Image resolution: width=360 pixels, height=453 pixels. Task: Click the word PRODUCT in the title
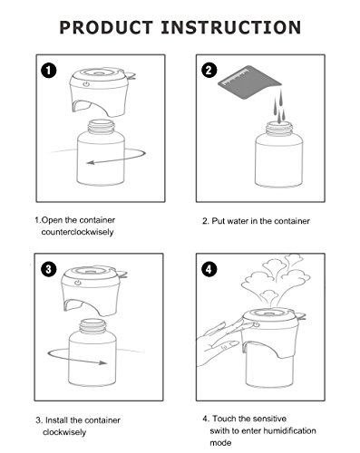point(106,27)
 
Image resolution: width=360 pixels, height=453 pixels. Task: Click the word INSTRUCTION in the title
point(231,27)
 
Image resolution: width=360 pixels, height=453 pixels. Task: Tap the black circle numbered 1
point(49,71)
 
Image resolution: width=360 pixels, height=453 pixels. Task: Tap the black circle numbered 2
point(209,71)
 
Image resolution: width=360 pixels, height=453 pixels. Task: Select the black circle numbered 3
point(49,269)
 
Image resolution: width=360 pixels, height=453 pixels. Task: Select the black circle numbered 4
point(209,269)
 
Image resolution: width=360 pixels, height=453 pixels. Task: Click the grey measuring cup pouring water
point(248,82)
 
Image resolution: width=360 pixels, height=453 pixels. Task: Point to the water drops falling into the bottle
point(280,106)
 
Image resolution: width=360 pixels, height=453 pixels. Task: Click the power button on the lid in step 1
point(87,84)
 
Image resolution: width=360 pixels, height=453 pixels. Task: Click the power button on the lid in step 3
point(78,283)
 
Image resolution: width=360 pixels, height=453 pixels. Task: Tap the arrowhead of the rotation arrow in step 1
point(90,163)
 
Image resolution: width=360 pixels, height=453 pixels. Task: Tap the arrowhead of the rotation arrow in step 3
point(103,362)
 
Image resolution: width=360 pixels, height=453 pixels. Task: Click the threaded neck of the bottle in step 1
point(102,127)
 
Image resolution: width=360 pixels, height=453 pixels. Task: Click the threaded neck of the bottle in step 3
point(92,326)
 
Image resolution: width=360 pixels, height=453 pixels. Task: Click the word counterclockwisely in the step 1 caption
point(78,232)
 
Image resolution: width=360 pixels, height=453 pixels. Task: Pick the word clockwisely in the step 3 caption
point(64,432)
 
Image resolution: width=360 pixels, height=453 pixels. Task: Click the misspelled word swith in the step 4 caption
point(219,430)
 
